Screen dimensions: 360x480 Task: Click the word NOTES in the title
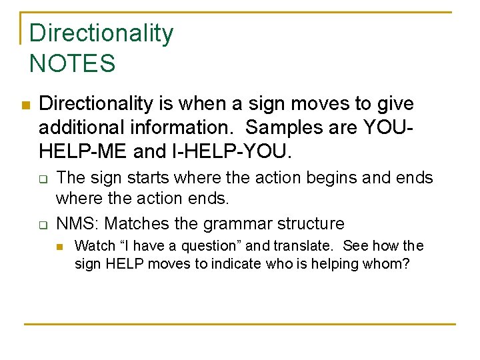coord(73,64)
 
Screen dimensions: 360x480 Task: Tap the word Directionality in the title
coord(101,33)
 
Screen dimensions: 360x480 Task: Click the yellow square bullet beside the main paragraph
coord(25,105)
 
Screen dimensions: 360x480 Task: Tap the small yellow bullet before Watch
coord(59,246)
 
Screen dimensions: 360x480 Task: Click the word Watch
coord(95,246)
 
